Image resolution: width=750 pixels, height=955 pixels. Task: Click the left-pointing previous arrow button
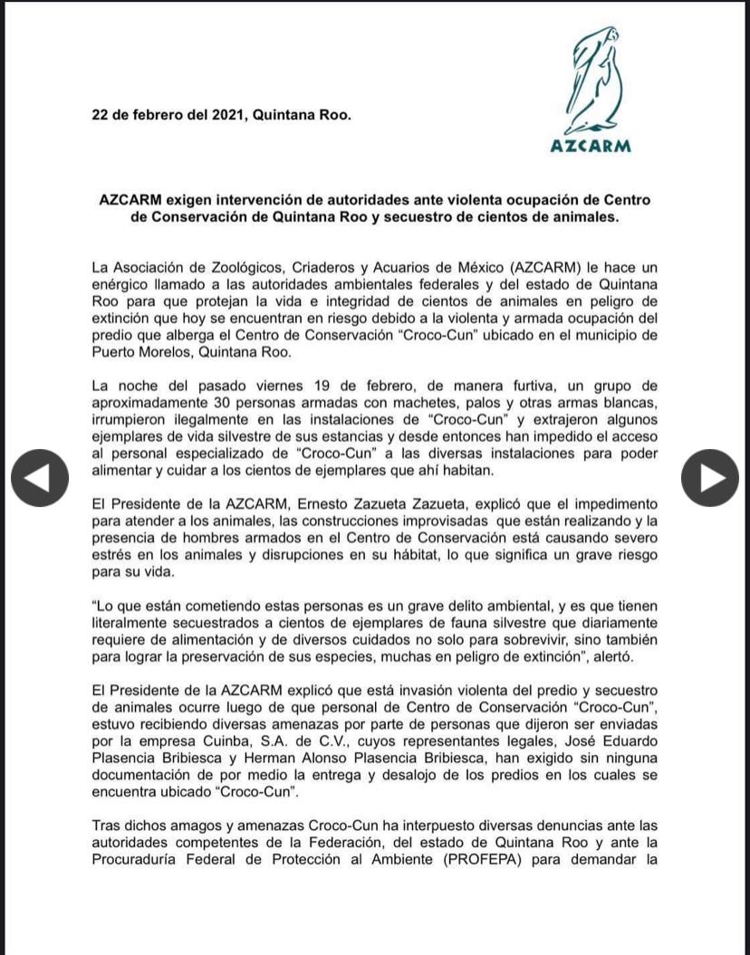(40, 477)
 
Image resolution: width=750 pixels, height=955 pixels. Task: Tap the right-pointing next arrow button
(709, 477)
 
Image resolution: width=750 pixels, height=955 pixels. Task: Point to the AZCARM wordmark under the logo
(591, 147)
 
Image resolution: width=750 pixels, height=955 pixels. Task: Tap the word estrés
(113, 555)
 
